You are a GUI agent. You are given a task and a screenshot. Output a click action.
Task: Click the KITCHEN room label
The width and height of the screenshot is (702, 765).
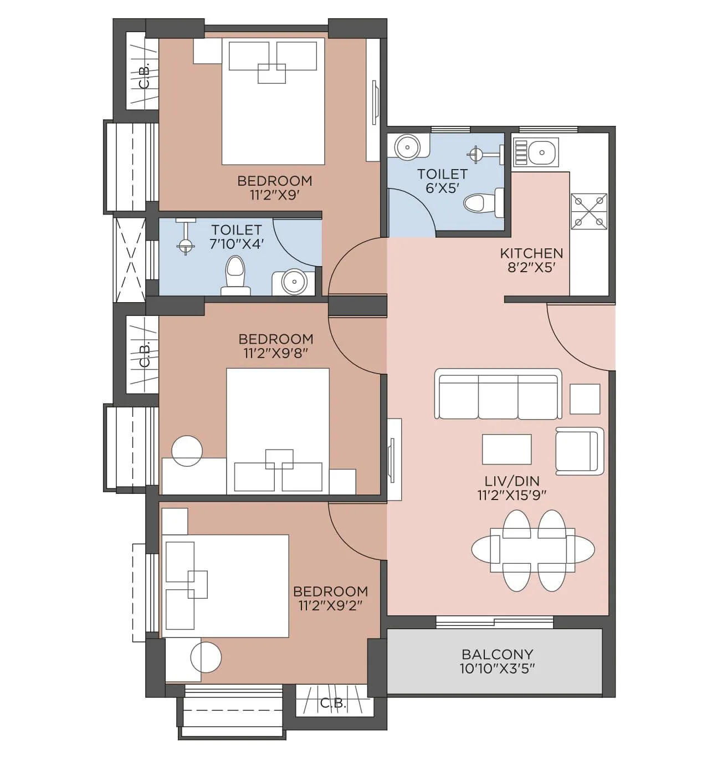point(531,253)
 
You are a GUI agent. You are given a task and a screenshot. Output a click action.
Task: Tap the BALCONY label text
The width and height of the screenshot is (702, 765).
point(497,654)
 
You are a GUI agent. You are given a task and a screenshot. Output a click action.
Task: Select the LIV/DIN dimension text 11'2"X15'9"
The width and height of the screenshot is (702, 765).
point(511,496)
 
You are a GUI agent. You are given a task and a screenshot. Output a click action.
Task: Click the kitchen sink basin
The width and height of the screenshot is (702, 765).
point(543,151)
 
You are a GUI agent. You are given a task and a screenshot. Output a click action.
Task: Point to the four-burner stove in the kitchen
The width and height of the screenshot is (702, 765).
point(589,211)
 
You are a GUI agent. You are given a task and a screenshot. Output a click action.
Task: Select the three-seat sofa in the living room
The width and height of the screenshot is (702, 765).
point(498,394)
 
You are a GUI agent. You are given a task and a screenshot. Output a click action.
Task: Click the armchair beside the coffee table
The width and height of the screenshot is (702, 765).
point(579,451)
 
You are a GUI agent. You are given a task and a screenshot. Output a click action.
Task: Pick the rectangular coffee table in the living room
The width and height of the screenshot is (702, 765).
point(506,449)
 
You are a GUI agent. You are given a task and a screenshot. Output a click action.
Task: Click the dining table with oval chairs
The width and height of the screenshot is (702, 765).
point(532,550)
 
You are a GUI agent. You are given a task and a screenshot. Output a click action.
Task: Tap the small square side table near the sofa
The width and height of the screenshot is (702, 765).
point(585,399)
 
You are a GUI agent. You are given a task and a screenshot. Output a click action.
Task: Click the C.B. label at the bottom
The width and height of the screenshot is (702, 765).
point(333,703)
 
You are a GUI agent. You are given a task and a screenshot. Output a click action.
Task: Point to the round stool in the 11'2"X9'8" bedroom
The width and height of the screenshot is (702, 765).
point(187,451)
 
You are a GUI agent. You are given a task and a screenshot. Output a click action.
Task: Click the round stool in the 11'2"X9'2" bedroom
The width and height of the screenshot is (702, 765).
point(206,657)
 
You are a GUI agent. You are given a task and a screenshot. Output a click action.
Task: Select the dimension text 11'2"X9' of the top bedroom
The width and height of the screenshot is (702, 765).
point(275,195)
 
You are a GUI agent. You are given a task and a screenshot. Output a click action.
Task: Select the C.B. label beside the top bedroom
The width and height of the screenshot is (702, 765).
point(144,78)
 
